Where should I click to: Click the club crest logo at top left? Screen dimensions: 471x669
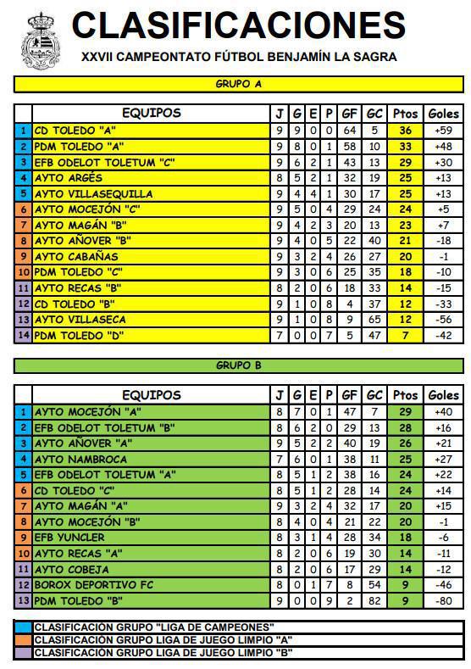click(x=39, y=42)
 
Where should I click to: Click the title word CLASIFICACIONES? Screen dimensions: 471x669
click(x=238, y=25)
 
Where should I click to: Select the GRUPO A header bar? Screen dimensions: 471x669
click(x=239, y=85)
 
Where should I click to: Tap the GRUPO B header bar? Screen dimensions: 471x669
click(x=239, y=366)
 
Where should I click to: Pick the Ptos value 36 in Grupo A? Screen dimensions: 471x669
click(x=406, y=131)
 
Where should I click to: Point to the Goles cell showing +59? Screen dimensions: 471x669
click(x=443, y=131)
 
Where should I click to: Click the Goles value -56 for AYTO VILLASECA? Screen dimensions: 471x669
click(x=443, y=320)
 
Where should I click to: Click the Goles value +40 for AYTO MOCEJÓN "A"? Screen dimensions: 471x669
click(x=443, y=412)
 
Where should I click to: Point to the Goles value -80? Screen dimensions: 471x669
click(x=443, y=601)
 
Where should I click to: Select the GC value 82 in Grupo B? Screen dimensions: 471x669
click(x=374, y=601)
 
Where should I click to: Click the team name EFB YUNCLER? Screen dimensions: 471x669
click(x=69, y=538)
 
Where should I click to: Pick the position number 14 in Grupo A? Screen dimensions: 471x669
click(x=24, y=335)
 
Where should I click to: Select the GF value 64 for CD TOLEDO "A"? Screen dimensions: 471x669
click(x=349, y=131)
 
